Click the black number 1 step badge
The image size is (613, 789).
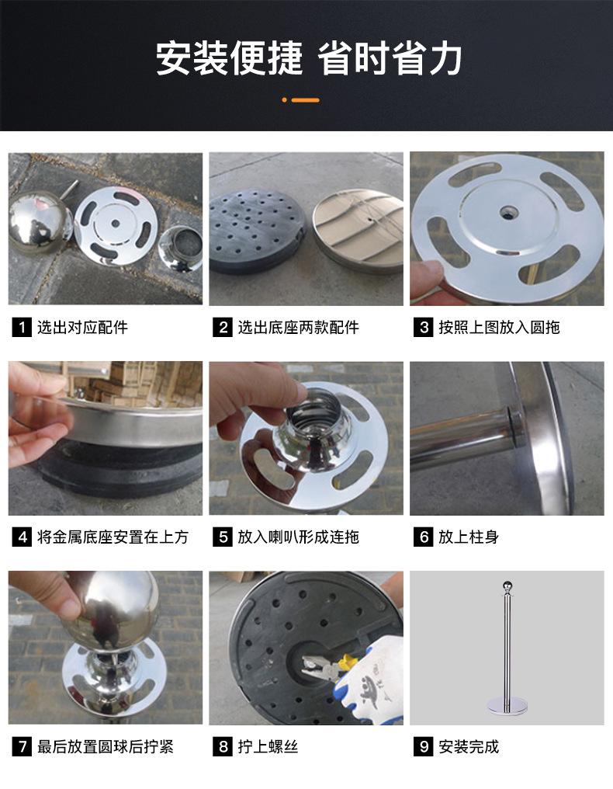22,328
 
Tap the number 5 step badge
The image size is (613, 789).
223,537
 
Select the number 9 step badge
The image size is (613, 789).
424,746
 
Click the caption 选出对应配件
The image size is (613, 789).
82,328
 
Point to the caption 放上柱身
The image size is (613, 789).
469,537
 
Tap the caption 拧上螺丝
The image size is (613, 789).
268,746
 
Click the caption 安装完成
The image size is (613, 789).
469,746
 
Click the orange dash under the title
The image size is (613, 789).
305,100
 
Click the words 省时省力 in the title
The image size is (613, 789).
390,58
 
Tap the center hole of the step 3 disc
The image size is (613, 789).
508,212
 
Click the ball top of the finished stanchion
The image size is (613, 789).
507,587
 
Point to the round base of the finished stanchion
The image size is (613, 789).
507,706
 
